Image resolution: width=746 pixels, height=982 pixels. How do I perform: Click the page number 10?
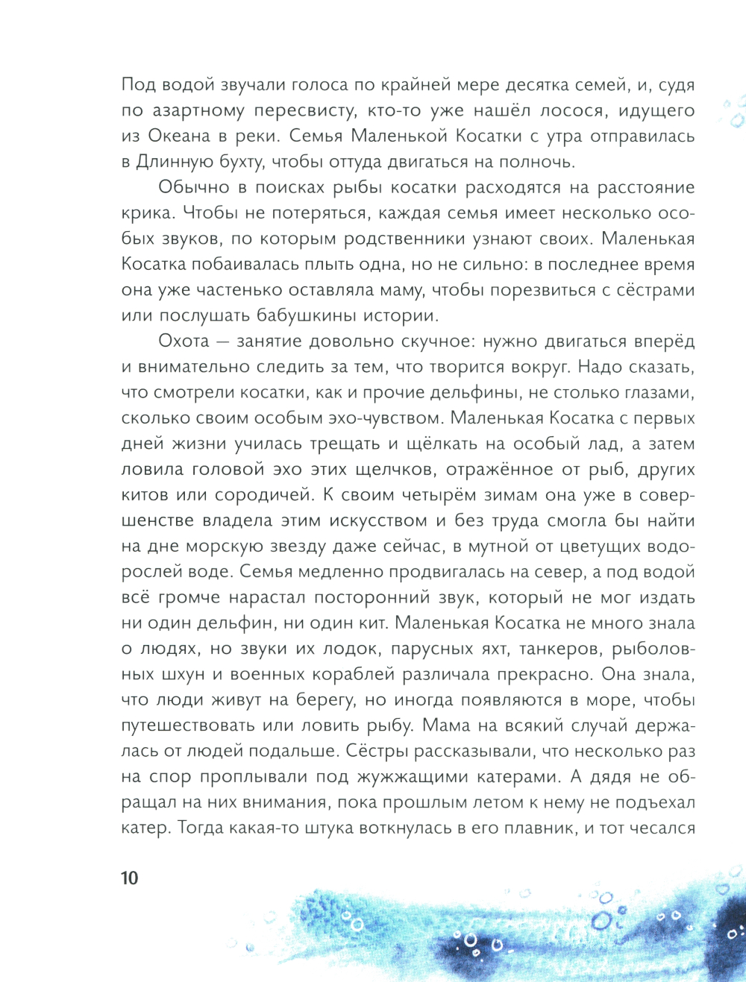pos(130,878)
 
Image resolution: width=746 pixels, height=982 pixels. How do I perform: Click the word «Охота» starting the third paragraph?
pos(184,341)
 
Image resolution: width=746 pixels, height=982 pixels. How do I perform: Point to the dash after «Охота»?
pos(222,342)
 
